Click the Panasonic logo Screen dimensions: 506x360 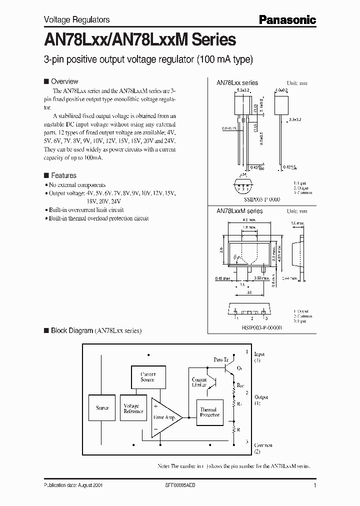[287, 19]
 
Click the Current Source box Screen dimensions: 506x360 [147, 377]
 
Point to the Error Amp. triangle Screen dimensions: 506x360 [165, 417]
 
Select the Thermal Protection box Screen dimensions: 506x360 [209, 412]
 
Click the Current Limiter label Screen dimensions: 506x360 [199, 382]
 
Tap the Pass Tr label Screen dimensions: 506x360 [220, 360]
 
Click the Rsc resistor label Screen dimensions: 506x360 [240, 385]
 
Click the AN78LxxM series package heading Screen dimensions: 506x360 [239, 211]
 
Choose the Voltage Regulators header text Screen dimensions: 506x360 [70, 19]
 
